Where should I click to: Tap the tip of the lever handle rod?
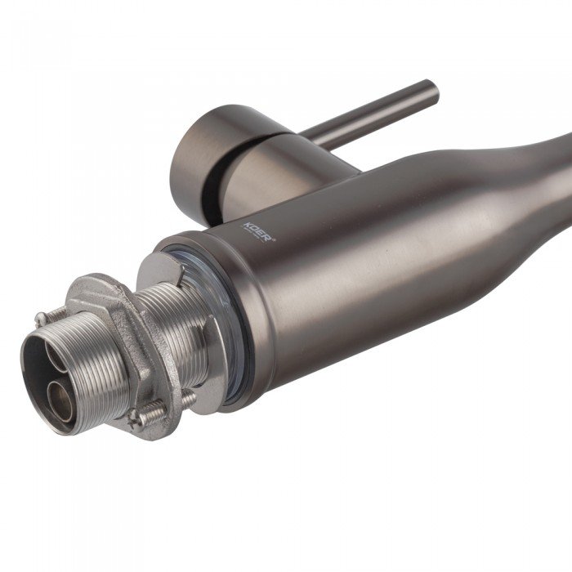433,87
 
